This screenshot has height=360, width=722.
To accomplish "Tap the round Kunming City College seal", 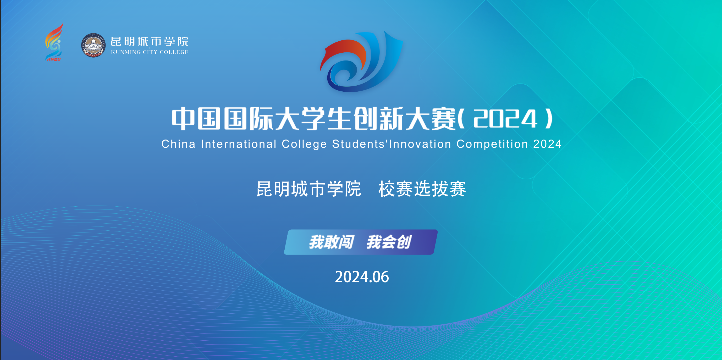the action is pyautogui.click(x=93, y=45).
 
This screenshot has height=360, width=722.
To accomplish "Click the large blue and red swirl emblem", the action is pyautogui.click(x=362, y=61).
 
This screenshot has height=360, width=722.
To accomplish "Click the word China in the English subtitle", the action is pyautogui.click(x=178, y=144).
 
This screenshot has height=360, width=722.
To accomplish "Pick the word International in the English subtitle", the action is pyautogui.click(x=239, y=144).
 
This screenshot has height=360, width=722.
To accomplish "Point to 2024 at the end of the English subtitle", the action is pyautogui.click(x=547, y=144).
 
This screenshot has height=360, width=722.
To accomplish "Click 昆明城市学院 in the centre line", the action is pyautogui.click(x=309, y=189).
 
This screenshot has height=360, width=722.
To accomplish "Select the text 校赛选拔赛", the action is pyautogui.click(x=422, y=189).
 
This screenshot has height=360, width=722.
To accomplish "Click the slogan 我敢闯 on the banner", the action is pyautogui.click(x=332, y=242).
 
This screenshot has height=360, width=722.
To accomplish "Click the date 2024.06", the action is pyautogui.click(x=362, y=277).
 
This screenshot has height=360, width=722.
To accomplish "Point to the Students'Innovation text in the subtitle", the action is pyautogui.click(x=392, y=144).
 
